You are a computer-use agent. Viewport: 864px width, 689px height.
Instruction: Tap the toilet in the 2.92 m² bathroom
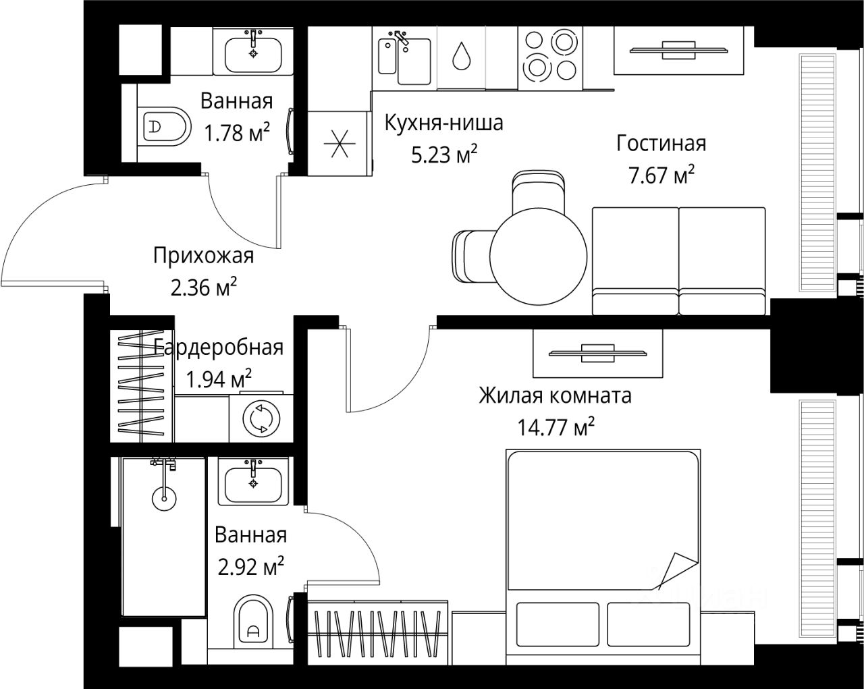point(253,620)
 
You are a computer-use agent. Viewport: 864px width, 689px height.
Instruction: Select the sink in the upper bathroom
point(253,53)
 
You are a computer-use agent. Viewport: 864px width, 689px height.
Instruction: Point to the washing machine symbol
point(261,418)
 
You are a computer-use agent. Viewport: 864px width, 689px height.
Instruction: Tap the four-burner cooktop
point(550,56)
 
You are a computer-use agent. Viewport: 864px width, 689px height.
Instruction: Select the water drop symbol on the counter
point(462,56)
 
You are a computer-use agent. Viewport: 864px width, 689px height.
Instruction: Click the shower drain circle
point(164,499)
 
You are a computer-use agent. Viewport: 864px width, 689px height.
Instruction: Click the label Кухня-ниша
point(443,123)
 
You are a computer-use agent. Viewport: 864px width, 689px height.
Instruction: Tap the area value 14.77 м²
point(556,426)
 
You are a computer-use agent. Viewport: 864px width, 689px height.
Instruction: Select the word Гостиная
point(661,144)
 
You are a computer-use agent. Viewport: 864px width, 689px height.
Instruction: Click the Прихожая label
point(203,256)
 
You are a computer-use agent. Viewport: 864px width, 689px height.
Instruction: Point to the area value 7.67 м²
point(661,175)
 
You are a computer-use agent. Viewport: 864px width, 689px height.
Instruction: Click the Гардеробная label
point(218,348)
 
